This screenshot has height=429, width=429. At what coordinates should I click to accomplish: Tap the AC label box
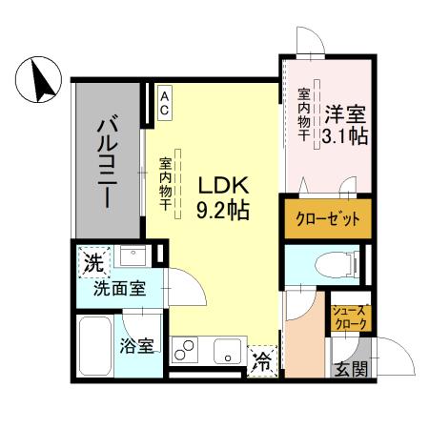tap(164, 103)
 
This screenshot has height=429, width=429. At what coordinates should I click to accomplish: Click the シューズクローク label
tap(349, 318)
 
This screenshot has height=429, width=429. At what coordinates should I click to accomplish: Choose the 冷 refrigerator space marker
tap(262, 362)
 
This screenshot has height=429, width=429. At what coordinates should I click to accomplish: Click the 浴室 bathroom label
tap(136, 346)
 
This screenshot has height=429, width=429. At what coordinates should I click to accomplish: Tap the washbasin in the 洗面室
tap(133, 256)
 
